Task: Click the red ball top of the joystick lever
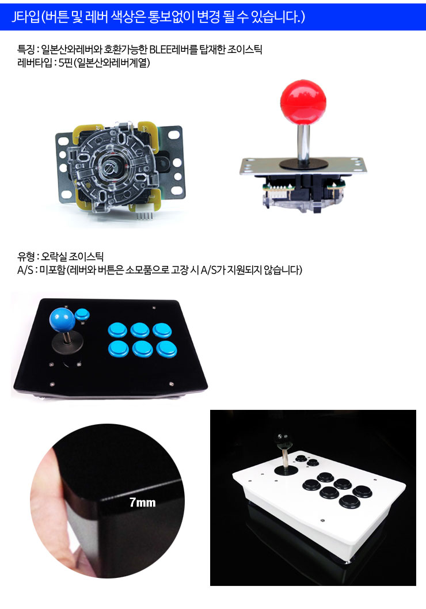[303, 99]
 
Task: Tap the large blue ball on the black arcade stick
[62, 319]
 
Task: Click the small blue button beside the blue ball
[82, 314]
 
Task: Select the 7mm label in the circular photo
[143, 503]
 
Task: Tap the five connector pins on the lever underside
[143, 216]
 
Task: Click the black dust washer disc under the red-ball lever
[304, 164]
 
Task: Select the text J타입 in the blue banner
[26, 17]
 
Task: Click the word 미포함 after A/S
[52, 269]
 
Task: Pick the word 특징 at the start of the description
[25, 50]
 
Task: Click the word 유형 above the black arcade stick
[25, 256]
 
